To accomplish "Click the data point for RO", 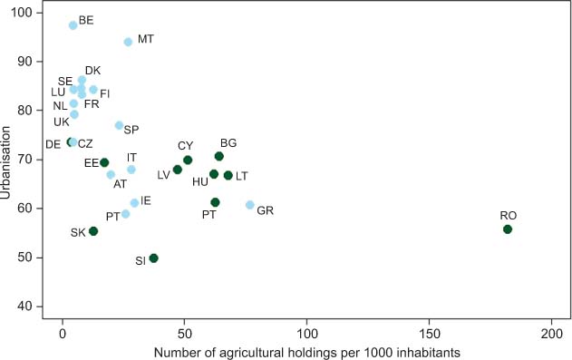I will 508,229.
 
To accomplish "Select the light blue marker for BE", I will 73,25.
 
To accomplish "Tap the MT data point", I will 128,42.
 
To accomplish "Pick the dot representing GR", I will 250,205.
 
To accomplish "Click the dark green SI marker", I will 153,258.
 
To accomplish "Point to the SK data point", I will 93,231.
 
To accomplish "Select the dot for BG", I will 218,156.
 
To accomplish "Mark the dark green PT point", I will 215,202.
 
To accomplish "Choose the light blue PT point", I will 126,214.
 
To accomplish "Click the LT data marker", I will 228,175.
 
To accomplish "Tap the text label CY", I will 185,145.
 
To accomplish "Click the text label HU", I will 199,181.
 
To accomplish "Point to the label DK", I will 92,70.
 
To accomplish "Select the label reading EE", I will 91,163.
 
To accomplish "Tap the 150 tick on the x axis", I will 429,333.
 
